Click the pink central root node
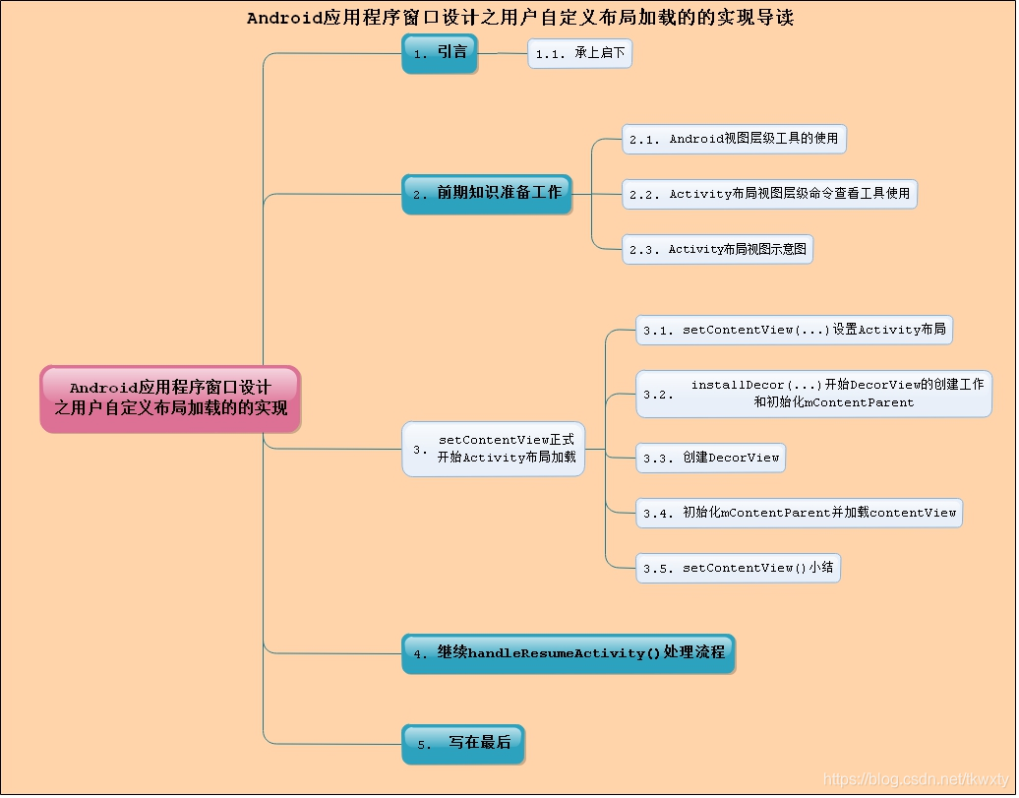tap(170, 399)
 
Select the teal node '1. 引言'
tap(440, 53)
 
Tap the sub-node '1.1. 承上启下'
tap(580, 53)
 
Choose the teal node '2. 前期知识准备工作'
tap(487, 193)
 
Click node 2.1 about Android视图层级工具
tap(735, 139)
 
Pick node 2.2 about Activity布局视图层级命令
tap(769, 194)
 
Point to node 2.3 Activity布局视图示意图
tap(718, 249)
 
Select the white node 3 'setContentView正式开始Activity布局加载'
tap(494, 449)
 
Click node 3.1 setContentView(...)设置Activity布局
tap(794, 330)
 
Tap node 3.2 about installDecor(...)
tap(813, 394)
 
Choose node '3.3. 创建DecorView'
tap(710, 458)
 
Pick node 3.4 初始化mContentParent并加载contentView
tap(799, 513)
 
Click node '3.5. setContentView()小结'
tap(738, 568)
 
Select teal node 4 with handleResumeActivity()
tap(569, 653)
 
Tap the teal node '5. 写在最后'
tap(463, 744)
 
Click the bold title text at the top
tap(519, 18)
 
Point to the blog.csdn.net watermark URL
tap(915, 779)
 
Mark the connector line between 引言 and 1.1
tap(503, 53)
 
